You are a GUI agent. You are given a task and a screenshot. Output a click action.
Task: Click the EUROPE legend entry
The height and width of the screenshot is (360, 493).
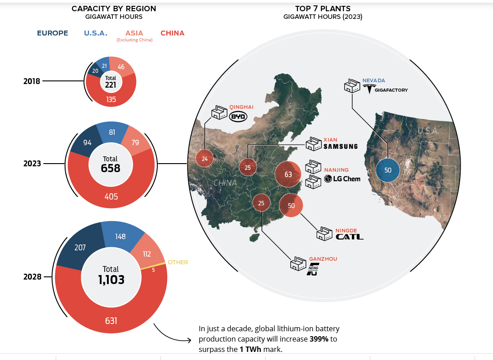click(53, 33)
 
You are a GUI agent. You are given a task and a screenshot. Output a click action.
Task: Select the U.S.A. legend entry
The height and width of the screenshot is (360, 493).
click(95, 33)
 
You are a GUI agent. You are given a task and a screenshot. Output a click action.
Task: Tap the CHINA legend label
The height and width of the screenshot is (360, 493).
click(172, 33)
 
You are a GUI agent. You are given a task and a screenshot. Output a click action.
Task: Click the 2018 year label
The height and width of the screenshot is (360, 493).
click(32, 81)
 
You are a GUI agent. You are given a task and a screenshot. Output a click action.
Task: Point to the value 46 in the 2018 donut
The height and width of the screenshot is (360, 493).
click(121, 67)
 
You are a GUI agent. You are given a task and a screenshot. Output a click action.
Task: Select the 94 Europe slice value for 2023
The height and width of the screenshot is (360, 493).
click(88, 142)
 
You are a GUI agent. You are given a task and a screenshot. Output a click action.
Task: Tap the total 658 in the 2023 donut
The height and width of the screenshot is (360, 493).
click(111, 168)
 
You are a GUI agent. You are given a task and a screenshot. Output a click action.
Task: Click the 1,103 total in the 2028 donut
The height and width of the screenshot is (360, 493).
click(111, 280)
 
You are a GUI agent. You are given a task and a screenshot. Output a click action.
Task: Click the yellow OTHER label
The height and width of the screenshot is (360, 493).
click(178, 262)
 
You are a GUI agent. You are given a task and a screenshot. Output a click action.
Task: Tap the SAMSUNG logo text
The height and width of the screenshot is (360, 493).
click(340, 146)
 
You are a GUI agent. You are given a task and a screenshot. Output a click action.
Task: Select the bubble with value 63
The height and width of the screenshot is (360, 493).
click(288, 174)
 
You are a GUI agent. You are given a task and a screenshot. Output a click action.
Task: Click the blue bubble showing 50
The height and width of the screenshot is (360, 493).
click(387, 170)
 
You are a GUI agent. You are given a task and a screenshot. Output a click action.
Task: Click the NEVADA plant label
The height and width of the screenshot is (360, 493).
click(374, 80)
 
